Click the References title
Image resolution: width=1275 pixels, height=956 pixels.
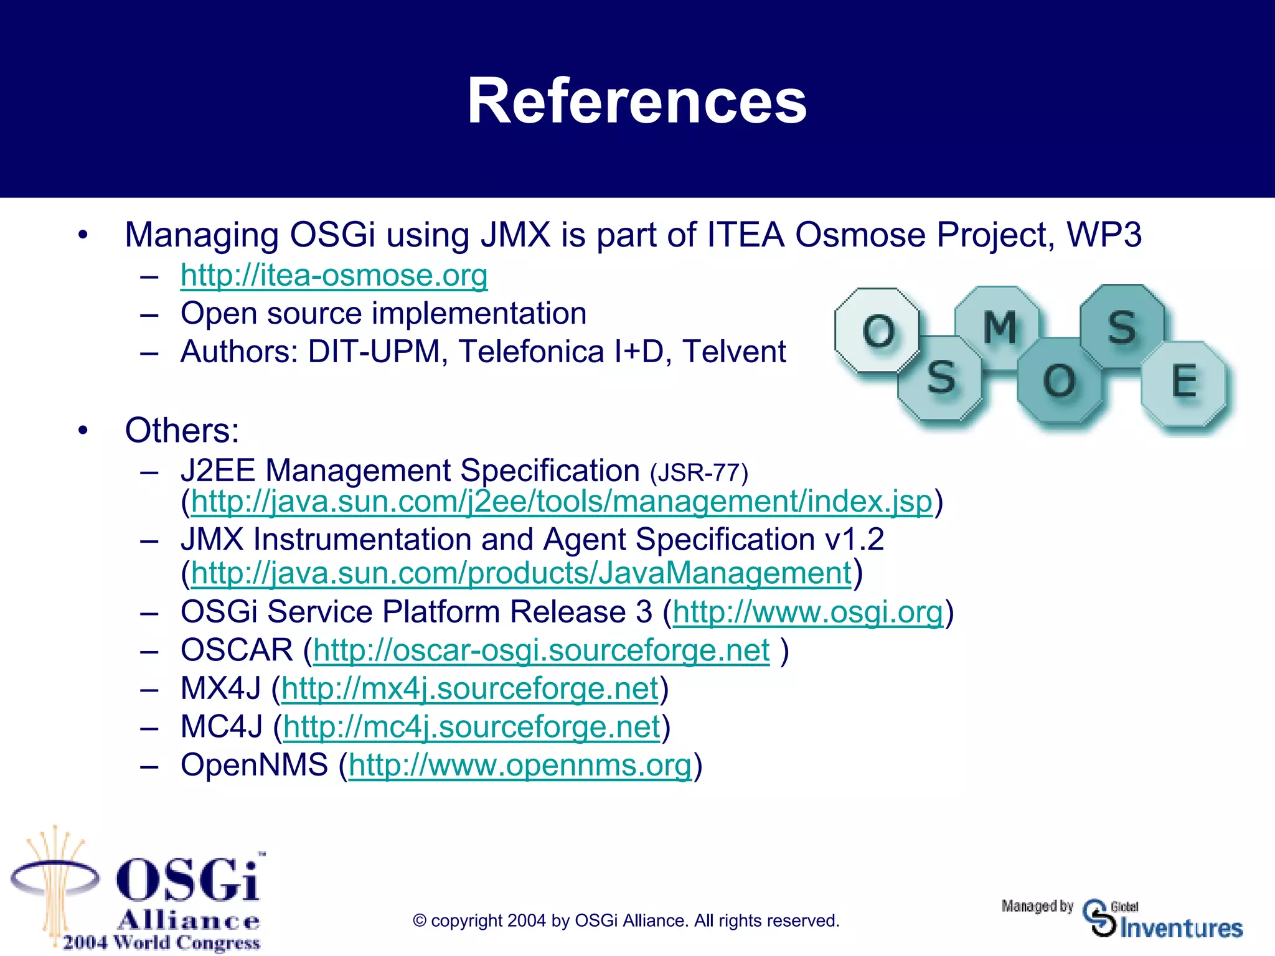637,101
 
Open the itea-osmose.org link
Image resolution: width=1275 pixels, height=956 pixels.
334,275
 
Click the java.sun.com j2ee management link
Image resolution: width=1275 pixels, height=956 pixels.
561,502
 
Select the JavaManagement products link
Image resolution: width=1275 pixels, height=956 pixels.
520,573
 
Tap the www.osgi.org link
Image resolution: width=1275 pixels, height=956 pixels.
807,612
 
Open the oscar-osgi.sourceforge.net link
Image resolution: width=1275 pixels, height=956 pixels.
541,651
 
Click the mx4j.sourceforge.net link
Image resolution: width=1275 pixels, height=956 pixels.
469,689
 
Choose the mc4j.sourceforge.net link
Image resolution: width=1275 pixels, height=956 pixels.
471,728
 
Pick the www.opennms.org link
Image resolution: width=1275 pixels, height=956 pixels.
520,766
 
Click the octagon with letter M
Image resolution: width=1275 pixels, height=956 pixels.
999,327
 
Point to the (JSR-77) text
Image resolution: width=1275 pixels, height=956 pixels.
699,473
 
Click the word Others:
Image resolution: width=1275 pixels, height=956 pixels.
182,430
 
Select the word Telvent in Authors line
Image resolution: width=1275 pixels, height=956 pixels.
734,352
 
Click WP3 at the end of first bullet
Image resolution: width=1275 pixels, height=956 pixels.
1104,235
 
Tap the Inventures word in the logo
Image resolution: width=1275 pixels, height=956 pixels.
1181,928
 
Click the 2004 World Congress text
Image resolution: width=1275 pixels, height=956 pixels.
161,942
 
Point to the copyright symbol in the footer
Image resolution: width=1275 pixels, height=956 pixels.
420,921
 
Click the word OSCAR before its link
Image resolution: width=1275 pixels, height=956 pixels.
237,650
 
